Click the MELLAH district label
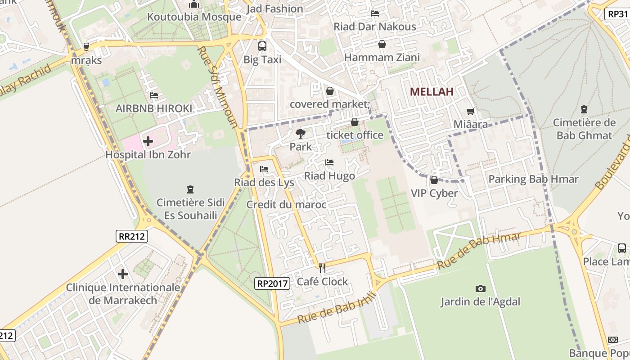pos(432,92)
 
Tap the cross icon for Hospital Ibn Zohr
pos(148,141)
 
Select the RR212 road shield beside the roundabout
pos(132,236)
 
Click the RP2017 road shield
pos(271,283)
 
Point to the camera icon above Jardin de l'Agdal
pos(480,288)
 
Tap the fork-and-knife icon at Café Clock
pos(322,268)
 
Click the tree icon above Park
pos(300,133)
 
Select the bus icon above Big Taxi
pos(262,46)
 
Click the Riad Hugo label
pos(330,176)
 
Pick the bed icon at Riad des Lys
pos(264,169)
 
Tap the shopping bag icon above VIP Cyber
pos(434,180)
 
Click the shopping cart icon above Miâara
pos(471,111)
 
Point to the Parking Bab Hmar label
pos(533,179)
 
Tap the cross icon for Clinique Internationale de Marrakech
pos(123,274)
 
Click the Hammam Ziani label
pos(382,58)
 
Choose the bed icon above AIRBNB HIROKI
pos(153,95)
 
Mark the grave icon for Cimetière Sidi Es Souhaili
pos(190,189)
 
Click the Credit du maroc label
pos(286,205)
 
